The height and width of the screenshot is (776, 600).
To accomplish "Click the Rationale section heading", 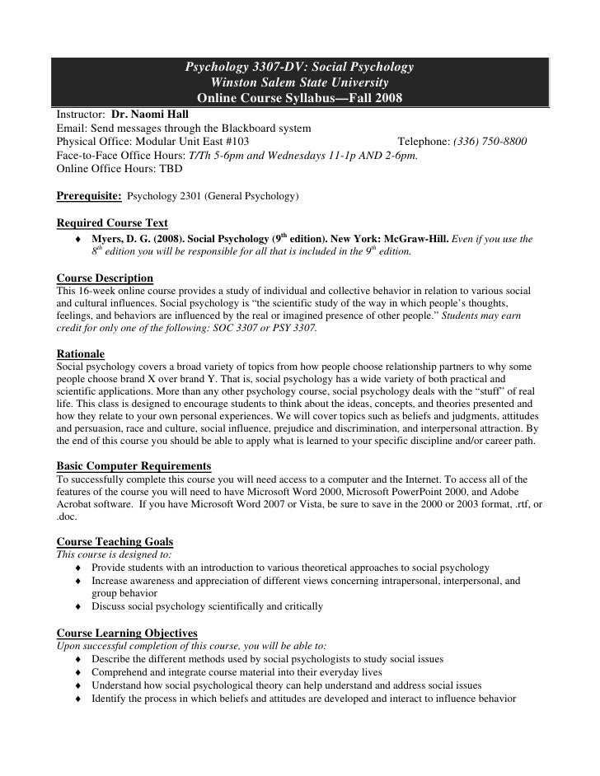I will point(80,353).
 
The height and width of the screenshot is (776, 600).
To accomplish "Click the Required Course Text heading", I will point(112,223).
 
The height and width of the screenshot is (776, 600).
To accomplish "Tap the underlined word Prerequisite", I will point(89,195).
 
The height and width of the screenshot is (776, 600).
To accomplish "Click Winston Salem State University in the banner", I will point(300,82).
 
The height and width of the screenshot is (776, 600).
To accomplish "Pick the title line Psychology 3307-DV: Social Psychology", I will point(300,66).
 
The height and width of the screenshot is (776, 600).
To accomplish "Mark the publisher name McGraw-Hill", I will point(410,239).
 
